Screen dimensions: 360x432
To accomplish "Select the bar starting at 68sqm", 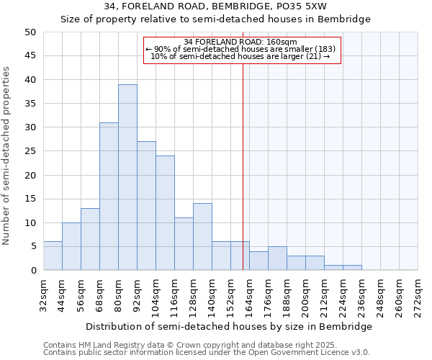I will click(109, 197).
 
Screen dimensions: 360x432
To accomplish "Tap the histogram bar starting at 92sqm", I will click(146, 206).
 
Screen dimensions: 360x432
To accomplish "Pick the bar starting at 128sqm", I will click(202, 237).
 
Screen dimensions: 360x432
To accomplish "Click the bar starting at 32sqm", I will click(53, 256).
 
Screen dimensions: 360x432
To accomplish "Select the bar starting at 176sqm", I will click(277, 258).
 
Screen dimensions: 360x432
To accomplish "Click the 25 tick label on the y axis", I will click(31, 151).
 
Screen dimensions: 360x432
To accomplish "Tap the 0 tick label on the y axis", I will click(34, 271).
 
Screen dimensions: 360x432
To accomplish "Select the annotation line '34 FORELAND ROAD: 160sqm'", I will click(240, 42).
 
